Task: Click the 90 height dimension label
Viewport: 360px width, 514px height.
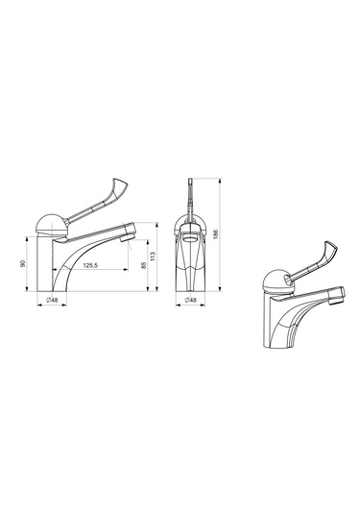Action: [23, 263]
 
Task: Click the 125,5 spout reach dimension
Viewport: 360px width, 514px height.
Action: [90, 265]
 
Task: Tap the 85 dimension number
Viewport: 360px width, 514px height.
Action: [143, 265]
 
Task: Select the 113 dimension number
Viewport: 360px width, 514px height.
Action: [153, 256]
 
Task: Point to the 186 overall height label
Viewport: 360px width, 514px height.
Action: [215, 234]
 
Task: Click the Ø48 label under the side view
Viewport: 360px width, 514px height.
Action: [52, 300]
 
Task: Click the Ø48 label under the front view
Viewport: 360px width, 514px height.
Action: [190, 300]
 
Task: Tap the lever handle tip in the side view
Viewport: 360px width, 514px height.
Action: [120, 184]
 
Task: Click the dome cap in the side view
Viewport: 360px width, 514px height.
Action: [52, 223]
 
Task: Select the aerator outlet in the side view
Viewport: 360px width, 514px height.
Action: [128, 237]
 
